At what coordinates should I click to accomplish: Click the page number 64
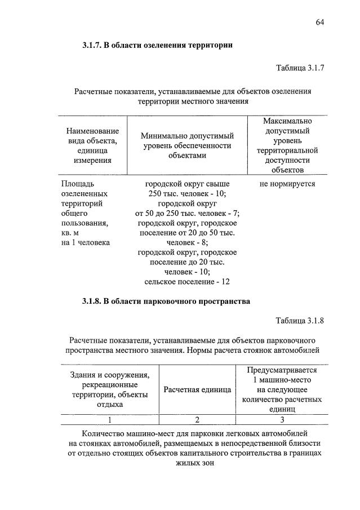(320, 22)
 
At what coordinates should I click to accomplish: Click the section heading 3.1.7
(157, 45)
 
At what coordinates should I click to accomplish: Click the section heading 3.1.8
(166, 301)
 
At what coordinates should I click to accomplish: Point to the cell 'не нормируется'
(287, 184)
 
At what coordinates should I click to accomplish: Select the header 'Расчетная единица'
(198, 389)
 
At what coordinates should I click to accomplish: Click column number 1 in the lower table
(110, 419)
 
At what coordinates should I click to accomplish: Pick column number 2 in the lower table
(198, 419)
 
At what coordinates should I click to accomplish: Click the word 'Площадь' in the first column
(77, 184)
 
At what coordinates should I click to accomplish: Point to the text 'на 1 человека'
(85, 242)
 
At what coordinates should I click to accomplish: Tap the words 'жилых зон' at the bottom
(194, 463)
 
